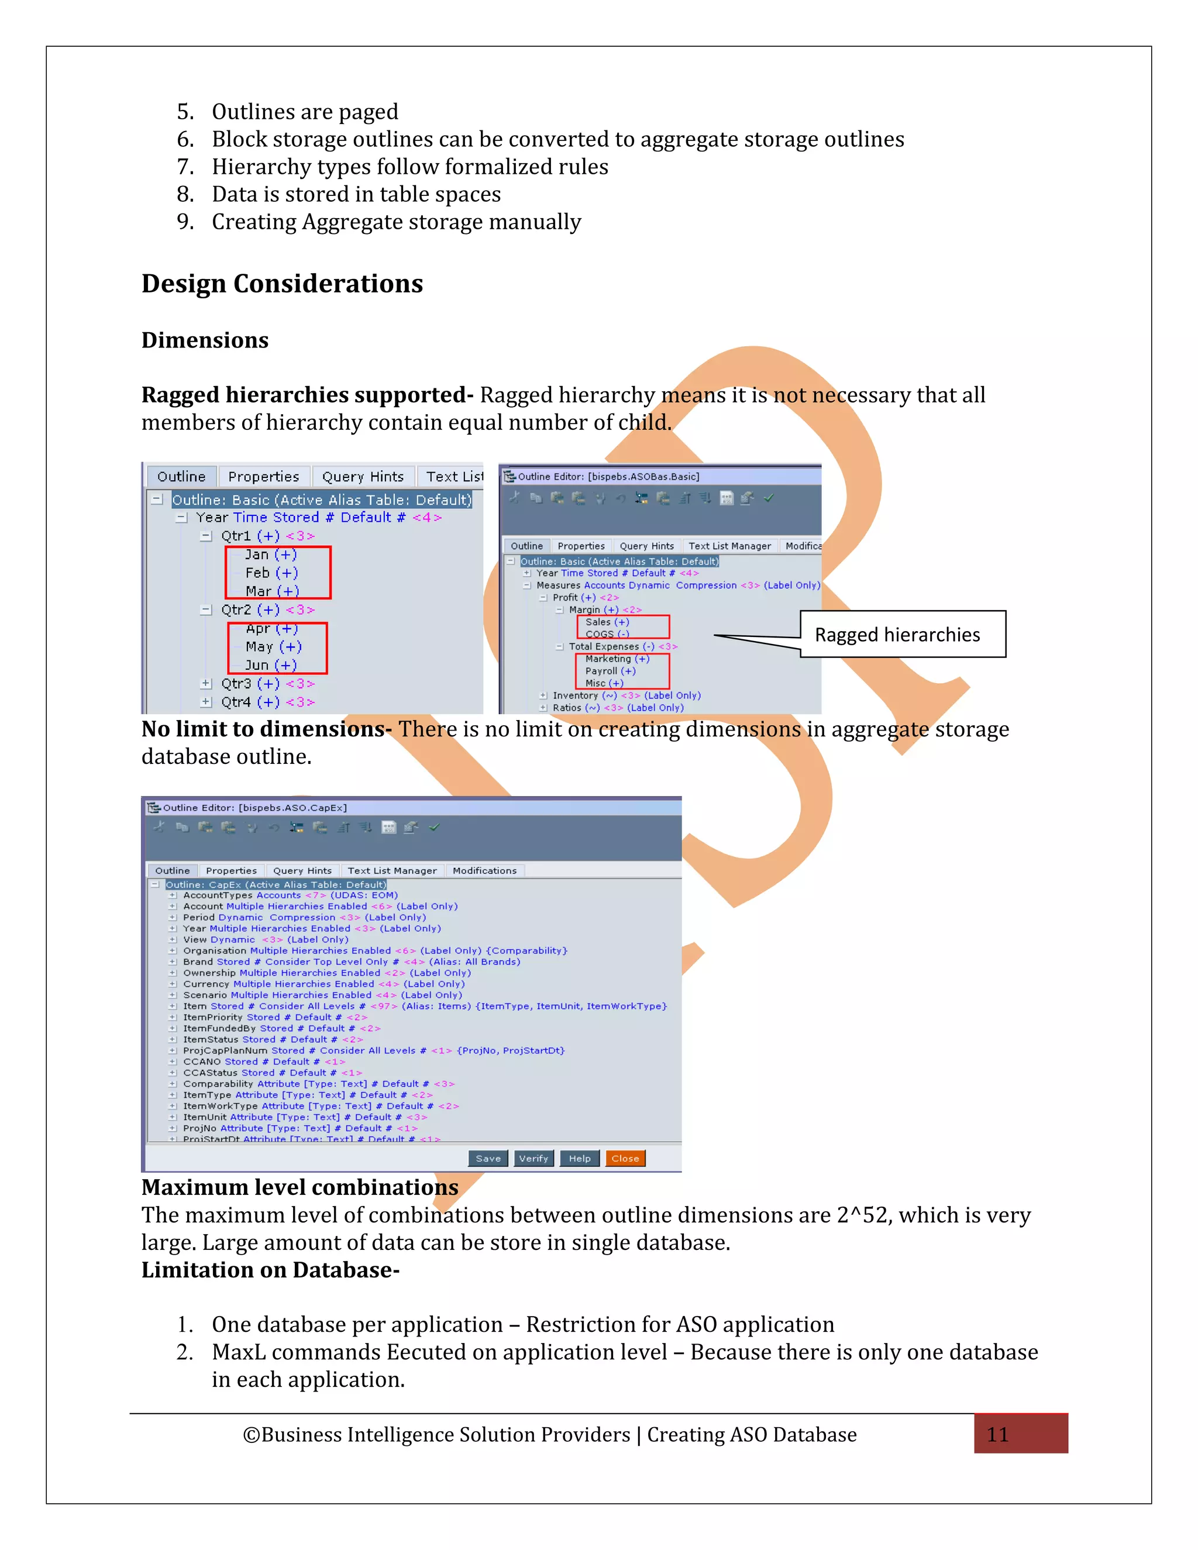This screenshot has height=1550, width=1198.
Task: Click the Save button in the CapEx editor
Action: click(488, 1158)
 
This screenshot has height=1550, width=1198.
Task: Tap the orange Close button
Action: click(625, 1158)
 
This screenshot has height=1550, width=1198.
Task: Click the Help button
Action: click(579, 1158)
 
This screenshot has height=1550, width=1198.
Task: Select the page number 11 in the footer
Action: click(997, 1434)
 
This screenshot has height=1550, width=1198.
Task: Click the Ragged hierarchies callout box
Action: click(902, 635)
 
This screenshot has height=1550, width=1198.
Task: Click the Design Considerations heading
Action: click(282, 284)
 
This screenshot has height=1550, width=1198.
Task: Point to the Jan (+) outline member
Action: click(270, 555)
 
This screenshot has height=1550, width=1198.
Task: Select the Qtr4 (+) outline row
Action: click(267, 702)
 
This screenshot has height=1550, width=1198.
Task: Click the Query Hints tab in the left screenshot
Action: click(363, 477)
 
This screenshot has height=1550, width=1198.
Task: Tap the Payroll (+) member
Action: click(610, 671)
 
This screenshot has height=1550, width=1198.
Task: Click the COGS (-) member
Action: click(607, 635)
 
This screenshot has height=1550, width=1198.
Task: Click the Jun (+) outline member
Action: click(270, 665)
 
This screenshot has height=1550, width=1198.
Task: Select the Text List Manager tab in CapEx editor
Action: click(392, 871)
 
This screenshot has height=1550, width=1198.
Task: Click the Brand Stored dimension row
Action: click(352, 962)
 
